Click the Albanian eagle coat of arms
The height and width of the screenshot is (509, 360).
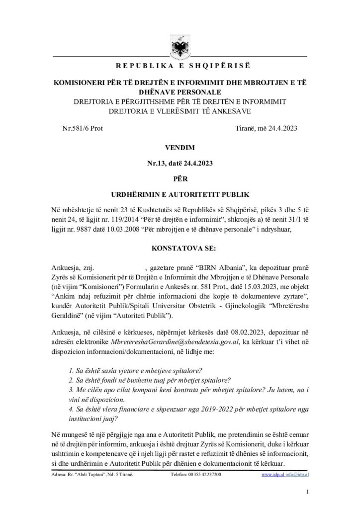[x=180, y=47]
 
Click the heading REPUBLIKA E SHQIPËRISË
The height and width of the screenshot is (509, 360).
[x=180, y=66]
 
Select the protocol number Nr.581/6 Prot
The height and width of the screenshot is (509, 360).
[x=82, y=128]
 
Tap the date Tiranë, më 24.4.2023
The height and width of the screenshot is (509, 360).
[x=266, y=128]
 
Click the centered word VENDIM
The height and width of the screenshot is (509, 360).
[x=180, y=148]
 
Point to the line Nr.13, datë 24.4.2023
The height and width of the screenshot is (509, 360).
[x=180, y=162]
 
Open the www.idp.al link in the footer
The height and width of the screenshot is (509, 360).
[x=272, y=475]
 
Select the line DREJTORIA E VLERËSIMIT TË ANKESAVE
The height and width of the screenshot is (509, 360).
[x=180, y=110]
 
